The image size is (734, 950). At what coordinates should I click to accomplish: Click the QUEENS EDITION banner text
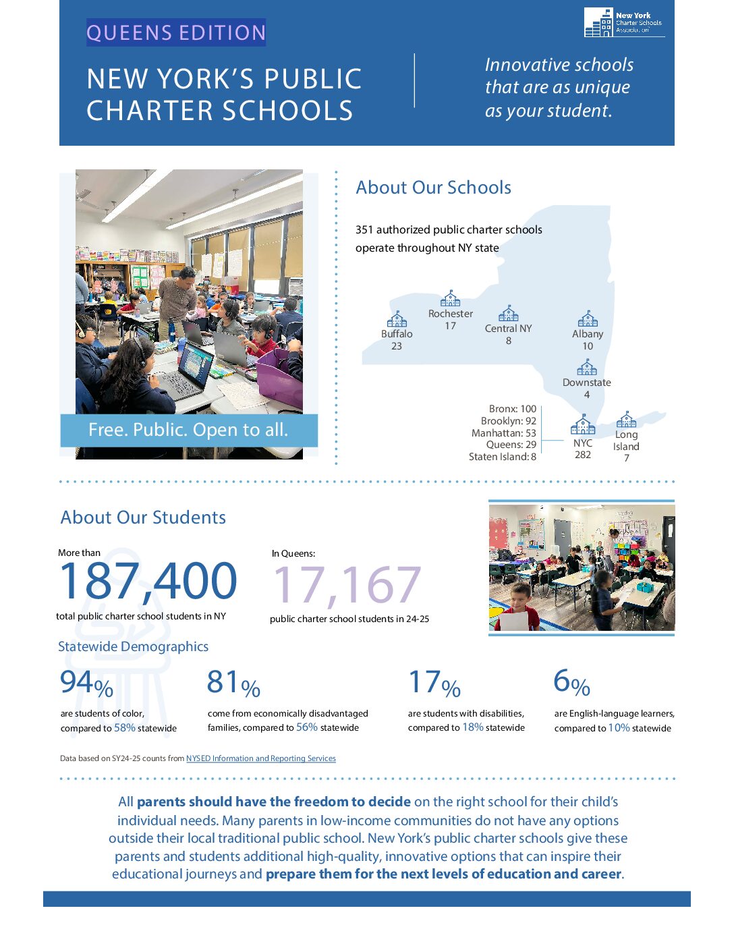click(x=176, y=32)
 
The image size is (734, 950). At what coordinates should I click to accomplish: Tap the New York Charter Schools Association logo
click(x=623, y=22)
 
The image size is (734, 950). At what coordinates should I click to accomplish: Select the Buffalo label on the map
click(x=397, y=334)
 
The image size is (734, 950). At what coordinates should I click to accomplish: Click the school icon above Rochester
click(x=450, y=298)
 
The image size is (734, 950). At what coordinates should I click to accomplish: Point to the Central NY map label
click(x=508, y=329)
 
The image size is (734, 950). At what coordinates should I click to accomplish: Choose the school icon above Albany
click(x=588, y=318)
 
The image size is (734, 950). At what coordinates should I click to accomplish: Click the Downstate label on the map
click(x=586, y=383)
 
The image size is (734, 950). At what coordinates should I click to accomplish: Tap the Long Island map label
click(x=626, y=441)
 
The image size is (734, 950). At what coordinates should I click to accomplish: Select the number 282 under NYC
click(x=583, y=455)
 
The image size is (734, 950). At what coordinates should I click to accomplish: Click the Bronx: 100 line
click(x=513, y=409)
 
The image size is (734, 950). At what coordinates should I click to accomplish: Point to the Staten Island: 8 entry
click(x=503, y=457)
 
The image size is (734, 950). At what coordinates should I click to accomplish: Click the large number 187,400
click(x=148, y=582)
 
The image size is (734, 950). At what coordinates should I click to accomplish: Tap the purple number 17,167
click(x=347, y=585)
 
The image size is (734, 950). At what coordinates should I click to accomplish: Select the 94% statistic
click(x=86, y=683)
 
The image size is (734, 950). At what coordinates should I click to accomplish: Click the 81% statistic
click(x=233, y=683)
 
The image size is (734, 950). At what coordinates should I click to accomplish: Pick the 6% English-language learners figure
click(x=571, y=683)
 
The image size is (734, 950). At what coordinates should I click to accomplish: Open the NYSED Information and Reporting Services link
click(x=260, y=758)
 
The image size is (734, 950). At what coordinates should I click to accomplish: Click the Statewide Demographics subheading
click(x=133, y=646)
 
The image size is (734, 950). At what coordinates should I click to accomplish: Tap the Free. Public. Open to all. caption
click(x=188, y=430)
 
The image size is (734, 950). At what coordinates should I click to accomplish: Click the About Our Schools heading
click(x=433, y=188)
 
